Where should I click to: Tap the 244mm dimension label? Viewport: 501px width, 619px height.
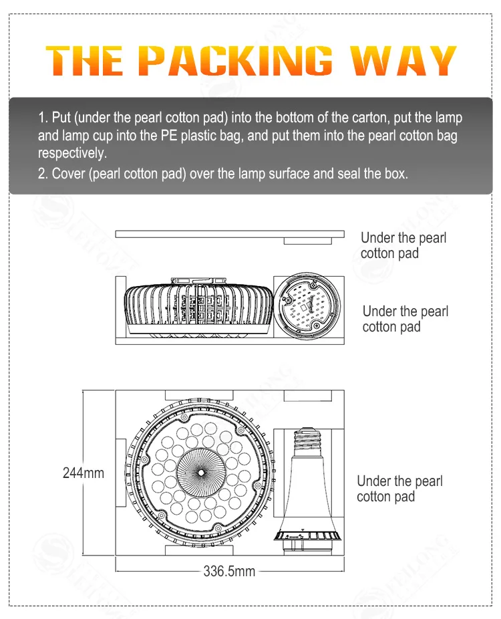[x=83, y=473]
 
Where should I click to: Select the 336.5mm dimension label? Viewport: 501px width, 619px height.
[x=229, y=572]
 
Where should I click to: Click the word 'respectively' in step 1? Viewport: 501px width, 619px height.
[x=71, y=153]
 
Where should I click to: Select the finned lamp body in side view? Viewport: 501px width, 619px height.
[x=198, y=306]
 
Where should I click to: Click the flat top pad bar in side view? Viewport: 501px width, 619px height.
[x=229, y=234]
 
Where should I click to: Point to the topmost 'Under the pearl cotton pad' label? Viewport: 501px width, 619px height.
[x=403, y=245]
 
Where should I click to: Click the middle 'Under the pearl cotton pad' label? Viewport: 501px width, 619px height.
[x=405, y=319]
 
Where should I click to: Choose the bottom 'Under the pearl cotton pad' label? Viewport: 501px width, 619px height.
[x=399, y=489]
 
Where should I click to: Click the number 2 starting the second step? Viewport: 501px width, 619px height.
[x=41, y=173]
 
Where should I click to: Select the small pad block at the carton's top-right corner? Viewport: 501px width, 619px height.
[x=307, y=396]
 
